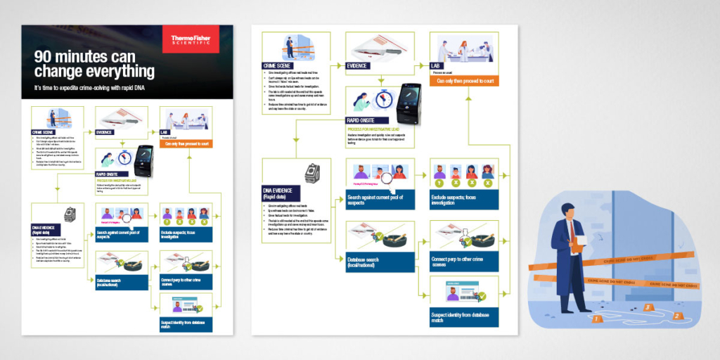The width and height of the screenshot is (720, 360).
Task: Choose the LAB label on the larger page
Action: [x=438, y=65]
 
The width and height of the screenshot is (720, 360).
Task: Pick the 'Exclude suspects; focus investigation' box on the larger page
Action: [x=464, y=201]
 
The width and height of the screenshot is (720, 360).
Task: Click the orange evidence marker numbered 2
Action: [x=676, y=314]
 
